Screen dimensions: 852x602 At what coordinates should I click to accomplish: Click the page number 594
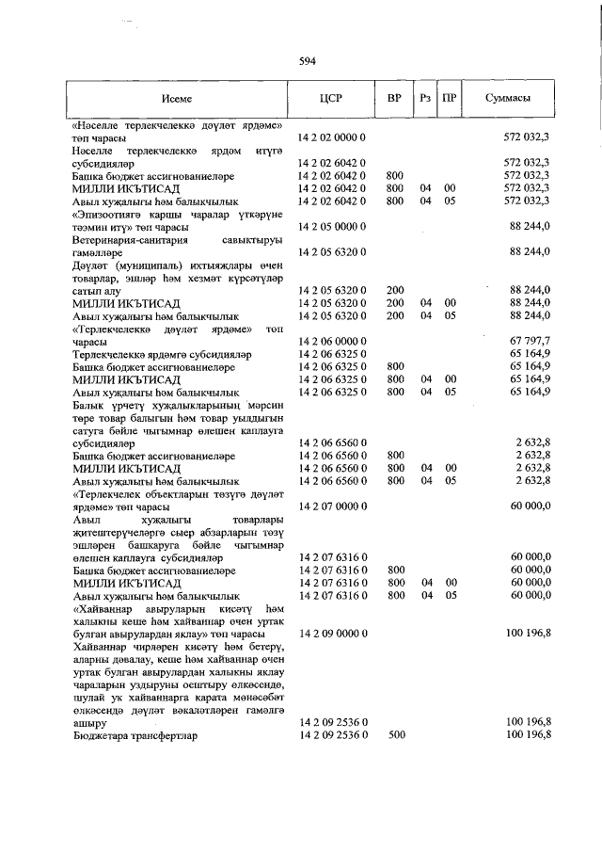click(x=307, y=61)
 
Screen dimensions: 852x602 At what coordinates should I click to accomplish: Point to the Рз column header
click(x=425, y=99)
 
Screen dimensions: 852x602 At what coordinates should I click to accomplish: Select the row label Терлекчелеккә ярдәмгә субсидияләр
click(x=160, y=353)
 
